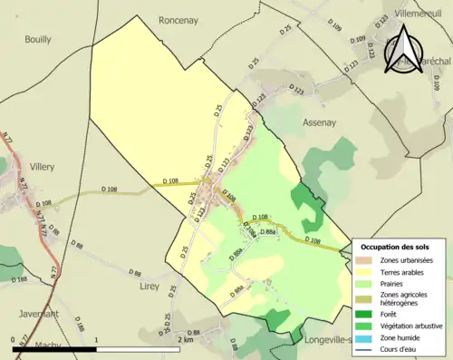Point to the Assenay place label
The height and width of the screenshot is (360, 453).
point(319,122)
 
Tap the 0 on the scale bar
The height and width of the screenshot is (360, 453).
point(13,339)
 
